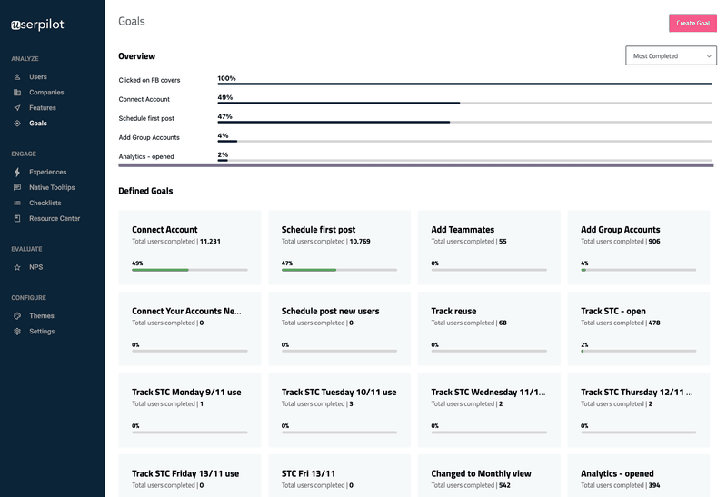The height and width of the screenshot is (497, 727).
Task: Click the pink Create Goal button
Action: (692, 23)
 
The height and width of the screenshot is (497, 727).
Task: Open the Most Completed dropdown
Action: (671, 56)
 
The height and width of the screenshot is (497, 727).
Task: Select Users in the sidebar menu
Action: (37, 77)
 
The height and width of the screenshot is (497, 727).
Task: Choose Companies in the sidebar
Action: (46, 93)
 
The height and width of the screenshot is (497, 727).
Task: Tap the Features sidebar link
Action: (42, 108)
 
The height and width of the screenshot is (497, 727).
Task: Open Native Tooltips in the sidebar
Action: (52, 187)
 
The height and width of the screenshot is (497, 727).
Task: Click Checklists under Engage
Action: (45, 203)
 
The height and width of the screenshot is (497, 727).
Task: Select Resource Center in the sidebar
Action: (54, 218)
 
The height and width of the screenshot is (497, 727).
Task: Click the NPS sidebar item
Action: (35, 267)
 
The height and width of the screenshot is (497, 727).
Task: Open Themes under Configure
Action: (41, 316)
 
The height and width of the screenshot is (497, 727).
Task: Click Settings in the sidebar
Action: (41, 332)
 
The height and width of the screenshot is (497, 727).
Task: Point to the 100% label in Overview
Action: (226, 78)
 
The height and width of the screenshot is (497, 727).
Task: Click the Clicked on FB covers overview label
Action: (149, 80)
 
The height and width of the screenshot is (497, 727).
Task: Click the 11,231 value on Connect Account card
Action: (210, 242)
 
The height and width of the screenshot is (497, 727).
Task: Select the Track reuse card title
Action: (453, 311)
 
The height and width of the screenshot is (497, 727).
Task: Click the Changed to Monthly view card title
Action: (481, 473)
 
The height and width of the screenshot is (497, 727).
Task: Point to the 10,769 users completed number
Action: (359, 242)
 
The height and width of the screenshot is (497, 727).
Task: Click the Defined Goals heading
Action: (145, 191)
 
